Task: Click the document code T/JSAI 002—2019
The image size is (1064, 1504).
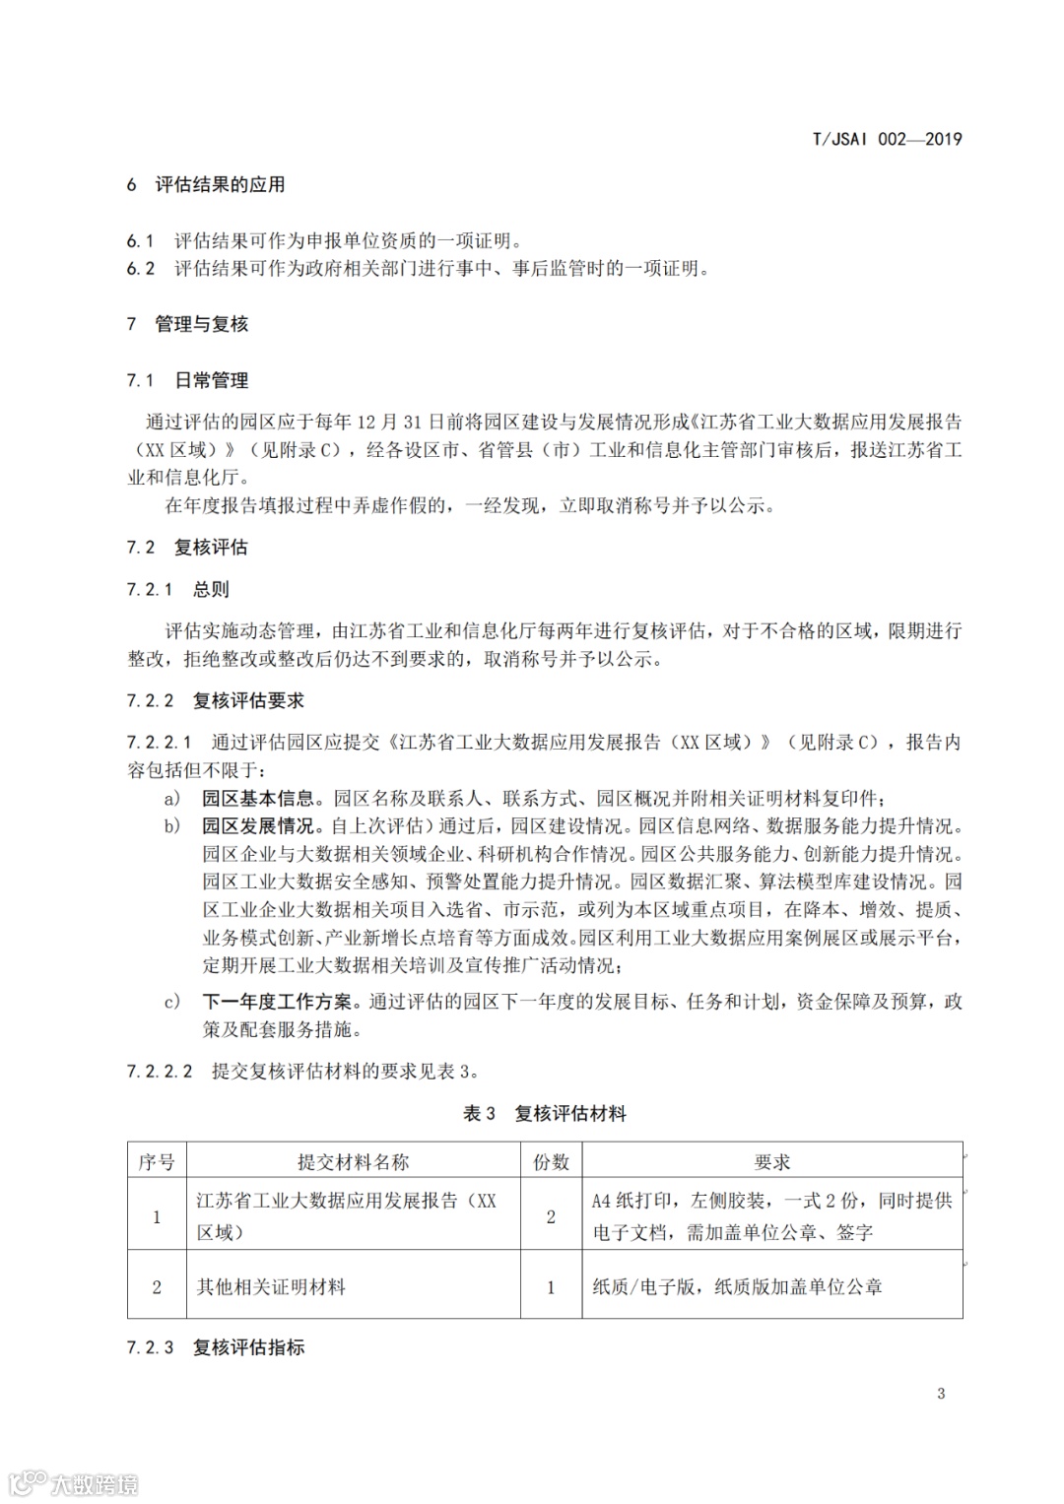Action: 887,139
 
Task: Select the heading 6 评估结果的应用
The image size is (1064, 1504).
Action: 206,184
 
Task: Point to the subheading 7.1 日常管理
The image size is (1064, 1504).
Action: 187,380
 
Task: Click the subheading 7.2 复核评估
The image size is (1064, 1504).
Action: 187,548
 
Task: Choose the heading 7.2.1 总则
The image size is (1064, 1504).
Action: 178,589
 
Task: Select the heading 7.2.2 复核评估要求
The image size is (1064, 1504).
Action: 216,700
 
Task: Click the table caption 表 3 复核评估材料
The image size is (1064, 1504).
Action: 545,1114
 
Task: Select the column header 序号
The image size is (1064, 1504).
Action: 157,1162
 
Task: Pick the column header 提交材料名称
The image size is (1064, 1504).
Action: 354,1162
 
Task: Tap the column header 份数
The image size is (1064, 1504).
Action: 551,1162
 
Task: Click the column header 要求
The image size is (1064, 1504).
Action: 772,1162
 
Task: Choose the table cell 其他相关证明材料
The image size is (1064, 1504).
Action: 271,1286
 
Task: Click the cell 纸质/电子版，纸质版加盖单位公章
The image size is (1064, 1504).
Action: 737,1286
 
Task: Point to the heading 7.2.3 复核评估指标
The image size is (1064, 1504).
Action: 216,1347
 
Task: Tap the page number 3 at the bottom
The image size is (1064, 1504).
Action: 941,1393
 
